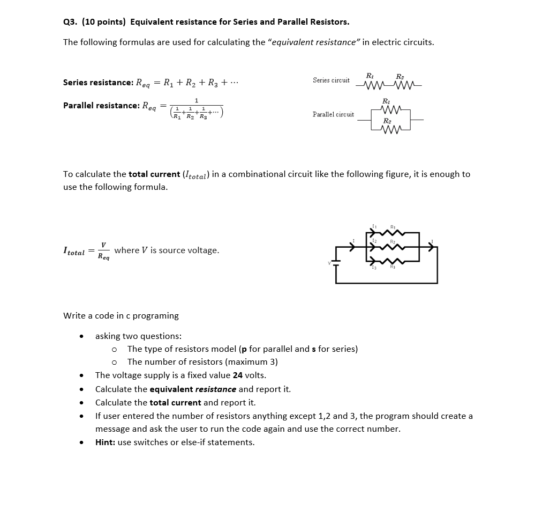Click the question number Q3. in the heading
[70, 22]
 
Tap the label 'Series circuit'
[331, 80]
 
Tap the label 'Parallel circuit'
[333, 114]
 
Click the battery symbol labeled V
[336, 263]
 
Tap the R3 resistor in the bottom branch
[394, 261]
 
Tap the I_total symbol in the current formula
[74, 251]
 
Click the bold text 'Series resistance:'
[98, 83]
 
